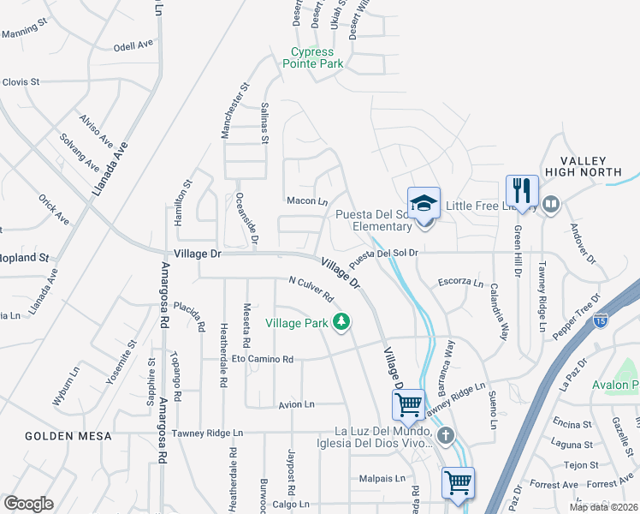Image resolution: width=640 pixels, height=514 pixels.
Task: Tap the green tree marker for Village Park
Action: tap(342, 322)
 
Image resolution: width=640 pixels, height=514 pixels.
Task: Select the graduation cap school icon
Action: tap(424, 204)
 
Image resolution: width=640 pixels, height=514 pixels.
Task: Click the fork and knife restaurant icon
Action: tap(521, 190)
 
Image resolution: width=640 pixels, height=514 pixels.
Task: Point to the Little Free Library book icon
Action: tap(551, 204)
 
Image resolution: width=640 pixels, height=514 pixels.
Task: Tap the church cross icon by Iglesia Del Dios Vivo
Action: tap(444, 437)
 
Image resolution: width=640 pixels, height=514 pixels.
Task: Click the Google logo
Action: tap(29, 504)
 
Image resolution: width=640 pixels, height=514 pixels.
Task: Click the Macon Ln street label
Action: tap(307, 201)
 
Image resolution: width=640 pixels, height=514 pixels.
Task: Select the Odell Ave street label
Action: tap(133, 46)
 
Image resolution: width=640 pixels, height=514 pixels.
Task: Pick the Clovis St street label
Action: tap(21, 82)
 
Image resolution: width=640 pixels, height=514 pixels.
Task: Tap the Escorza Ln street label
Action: tap(460, 283)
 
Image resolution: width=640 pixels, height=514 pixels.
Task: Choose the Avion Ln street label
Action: tap(297, 403)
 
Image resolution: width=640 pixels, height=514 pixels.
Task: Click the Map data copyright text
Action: tap(603, 507)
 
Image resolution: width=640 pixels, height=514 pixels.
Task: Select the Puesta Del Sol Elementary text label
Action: tap(374, 220)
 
